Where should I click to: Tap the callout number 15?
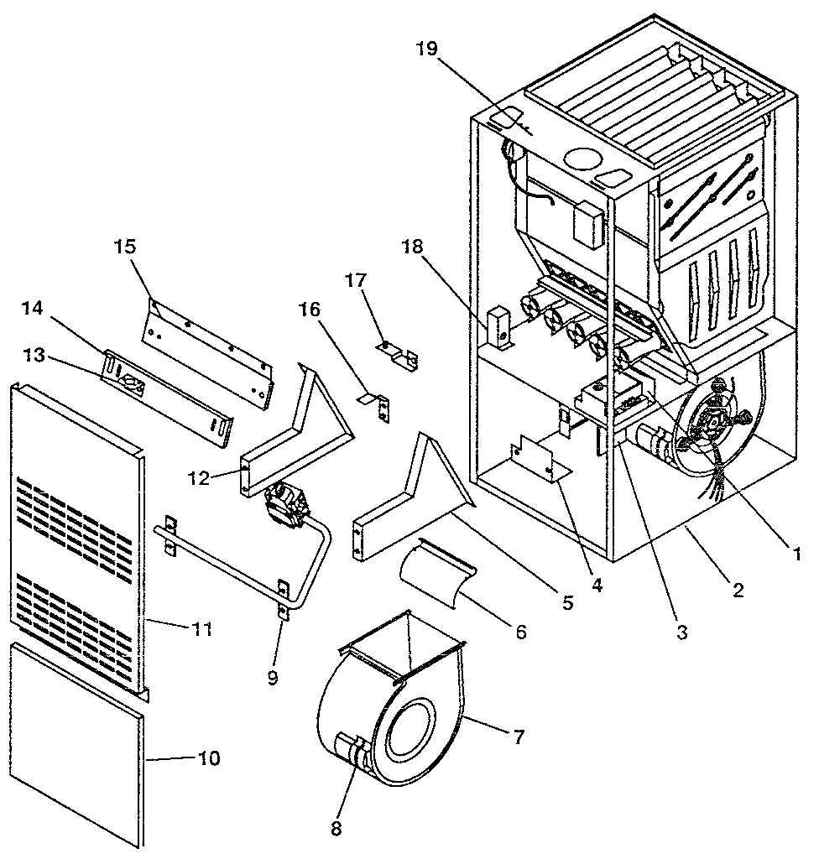pos(124,247)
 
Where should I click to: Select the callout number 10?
pos(209,758)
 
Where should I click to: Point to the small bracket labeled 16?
pos(376,404)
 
